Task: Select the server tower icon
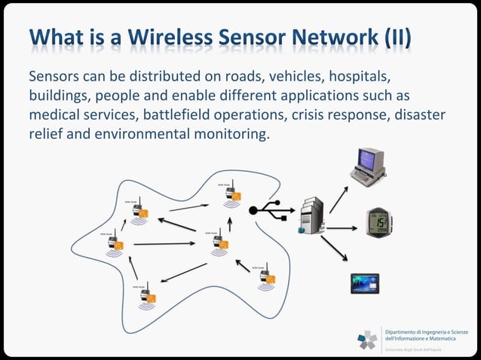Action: [311, 215]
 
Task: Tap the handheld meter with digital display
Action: [379, 224]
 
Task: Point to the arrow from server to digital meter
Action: [342, 227]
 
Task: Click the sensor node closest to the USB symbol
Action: [232, 194]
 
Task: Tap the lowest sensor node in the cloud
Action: [146, 296]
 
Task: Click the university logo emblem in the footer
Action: [368, 339]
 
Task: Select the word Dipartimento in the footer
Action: [406, 332]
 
